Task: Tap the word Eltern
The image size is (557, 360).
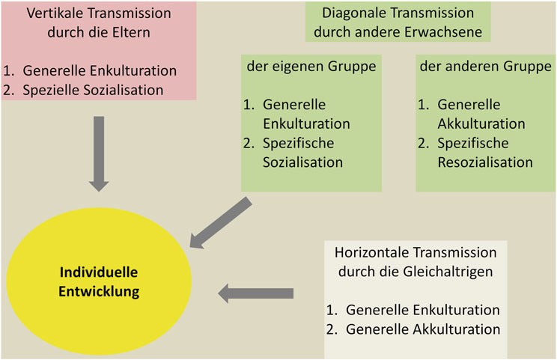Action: tap(132, 32)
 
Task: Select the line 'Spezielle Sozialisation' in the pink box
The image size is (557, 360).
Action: tap(93, 90)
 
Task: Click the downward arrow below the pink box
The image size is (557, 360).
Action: tap(99, 153)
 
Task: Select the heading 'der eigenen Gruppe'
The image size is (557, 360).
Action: tap(311, 67)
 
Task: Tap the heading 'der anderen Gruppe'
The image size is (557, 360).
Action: tap(486, 67)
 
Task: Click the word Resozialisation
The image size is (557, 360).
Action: tap(485, 162)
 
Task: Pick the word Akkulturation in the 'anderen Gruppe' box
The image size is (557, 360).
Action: tap(481, 124)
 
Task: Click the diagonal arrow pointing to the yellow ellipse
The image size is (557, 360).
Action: tap(221, 222)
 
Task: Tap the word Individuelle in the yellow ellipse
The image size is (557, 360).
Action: tap(99, 272)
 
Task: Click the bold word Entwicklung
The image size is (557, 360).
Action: tap(99, 291)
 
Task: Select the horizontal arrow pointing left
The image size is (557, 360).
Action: tap(256, 293)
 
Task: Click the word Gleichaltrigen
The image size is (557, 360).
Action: tap(448, 272)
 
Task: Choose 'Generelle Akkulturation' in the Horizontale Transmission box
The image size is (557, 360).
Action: tap(423, 329)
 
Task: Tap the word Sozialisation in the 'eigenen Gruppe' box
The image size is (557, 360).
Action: tap(302, 162)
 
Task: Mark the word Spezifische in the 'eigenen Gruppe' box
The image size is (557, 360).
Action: tap(299, 144)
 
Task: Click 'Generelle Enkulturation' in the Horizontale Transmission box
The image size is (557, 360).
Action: tap(423, 311)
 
